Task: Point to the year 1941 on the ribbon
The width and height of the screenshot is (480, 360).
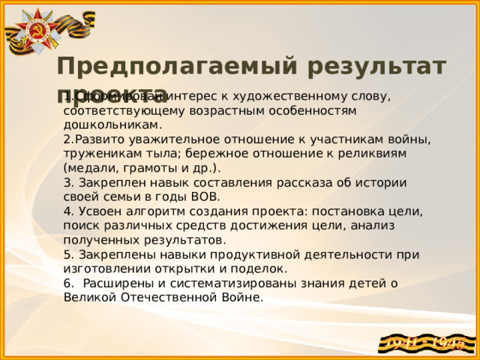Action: pos(403,343)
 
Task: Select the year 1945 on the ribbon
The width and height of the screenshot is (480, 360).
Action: pos(452,343)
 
